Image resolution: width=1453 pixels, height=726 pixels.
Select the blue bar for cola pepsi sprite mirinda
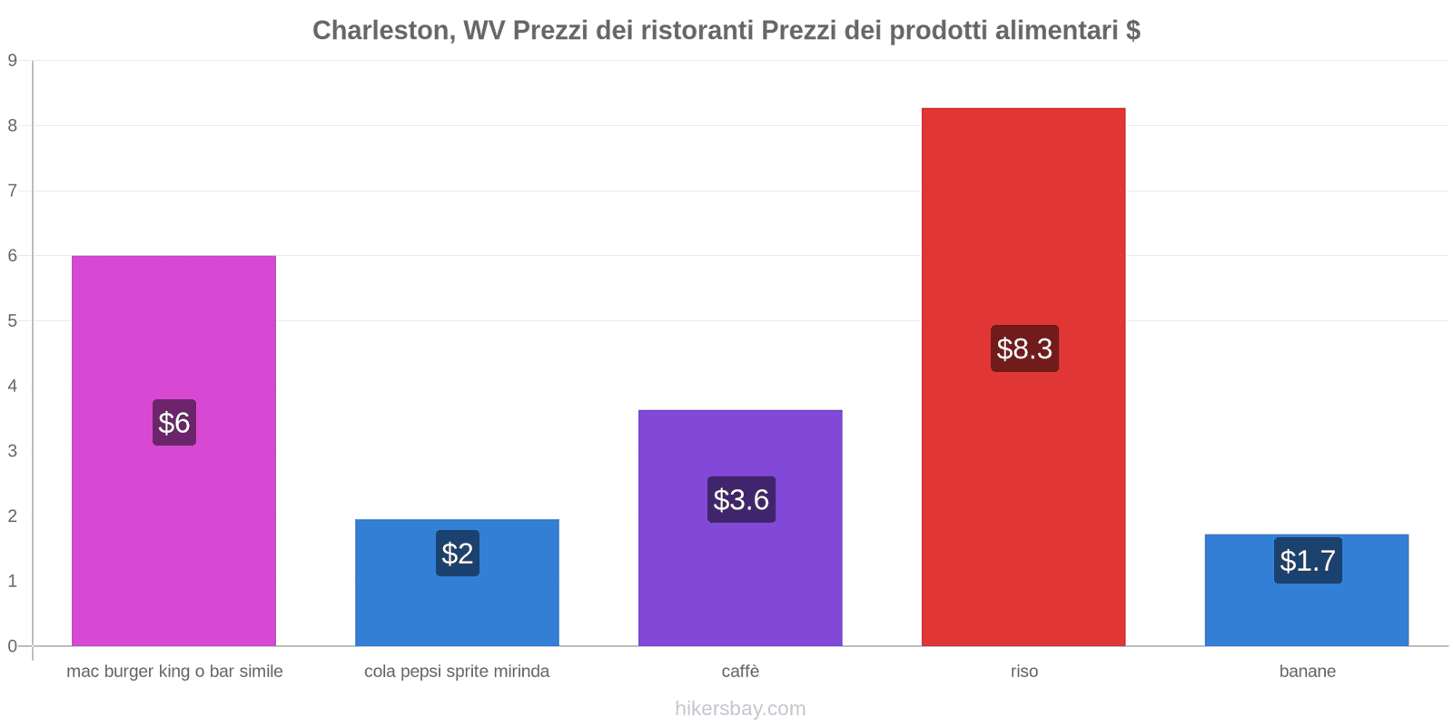tap(457, 608)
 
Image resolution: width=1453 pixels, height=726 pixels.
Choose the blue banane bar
tap(1307, 613)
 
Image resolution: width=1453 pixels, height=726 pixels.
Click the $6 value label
tap(174, 423)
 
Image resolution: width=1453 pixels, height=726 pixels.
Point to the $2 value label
tap(458, 554)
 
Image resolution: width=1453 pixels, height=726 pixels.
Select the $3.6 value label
tap(741, 500)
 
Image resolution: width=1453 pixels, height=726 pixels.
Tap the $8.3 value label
tap(1024, 348)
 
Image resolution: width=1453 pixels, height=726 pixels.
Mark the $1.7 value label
tap(1308, 561)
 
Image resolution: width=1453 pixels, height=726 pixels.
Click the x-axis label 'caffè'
tap(740, 672)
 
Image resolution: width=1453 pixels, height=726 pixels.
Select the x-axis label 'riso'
tap(1023, 672)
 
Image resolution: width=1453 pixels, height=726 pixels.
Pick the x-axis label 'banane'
tap(1307, 672)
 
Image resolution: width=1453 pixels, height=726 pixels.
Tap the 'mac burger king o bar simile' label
tap(174, 672)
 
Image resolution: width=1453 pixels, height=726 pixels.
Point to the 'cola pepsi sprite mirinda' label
tap(457, 672)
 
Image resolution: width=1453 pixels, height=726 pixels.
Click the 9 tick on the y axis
tap(13, 61)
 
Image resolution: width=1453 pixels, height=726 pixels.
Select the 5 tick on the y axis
tap(13, 321)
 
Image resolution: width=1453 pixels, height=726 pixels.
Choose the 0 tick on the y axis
tap(13, 646)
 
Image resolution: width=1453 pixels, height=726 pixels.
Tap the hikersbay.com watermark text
tap(740, 709)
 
